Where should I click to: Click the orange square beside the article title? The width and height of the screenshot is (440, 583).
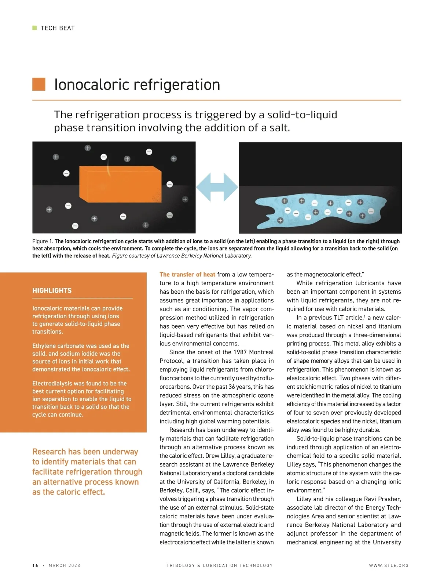pyautogui.click(x=39, y=84)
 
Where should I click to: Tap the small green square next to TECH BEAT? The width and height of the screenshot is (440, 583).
pyautogui.click(x=34, y=28)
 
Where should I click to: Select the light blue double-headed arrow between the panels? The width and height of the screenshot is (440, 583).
pyautogui.click(x=217, y=187)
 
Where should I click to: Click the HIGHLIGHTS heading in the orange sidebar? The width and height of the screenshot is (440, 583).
pyautogui.click(x=52, y=290)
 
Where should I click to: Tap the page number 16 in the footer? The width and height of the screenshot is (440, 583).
pyautogui.click(x=35, y=565)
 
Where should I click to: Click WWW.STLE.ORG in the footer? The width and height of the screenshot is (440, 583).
pyautogui.click(x=389, y=565)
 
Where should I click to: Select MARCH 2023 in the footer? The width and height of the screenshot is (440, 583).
pyautogui.click(x=64, y=565)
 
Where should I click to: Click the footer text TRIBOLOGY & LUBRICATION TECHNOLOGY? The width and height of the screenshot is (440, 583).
pyautogui.click(x=220, y=565)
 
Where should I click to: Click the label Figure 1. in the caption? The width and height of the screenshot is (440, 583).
pyautogui.click(x=43, y=241)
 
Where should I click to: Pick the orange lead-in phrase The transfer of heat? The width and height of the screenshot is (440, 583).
pyautogui.click(x=187, y=274)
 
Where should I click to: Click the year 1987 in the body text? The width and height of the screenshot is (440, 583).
pyautogui.click(x=238, y=352)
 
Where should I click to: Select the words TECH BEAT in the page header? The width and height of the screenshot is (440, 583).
pyautogui.click(x=58, y=28)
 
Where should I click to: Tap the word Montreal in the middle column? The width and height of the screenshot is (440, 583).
pyautogui.click(x=261, y=352)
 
